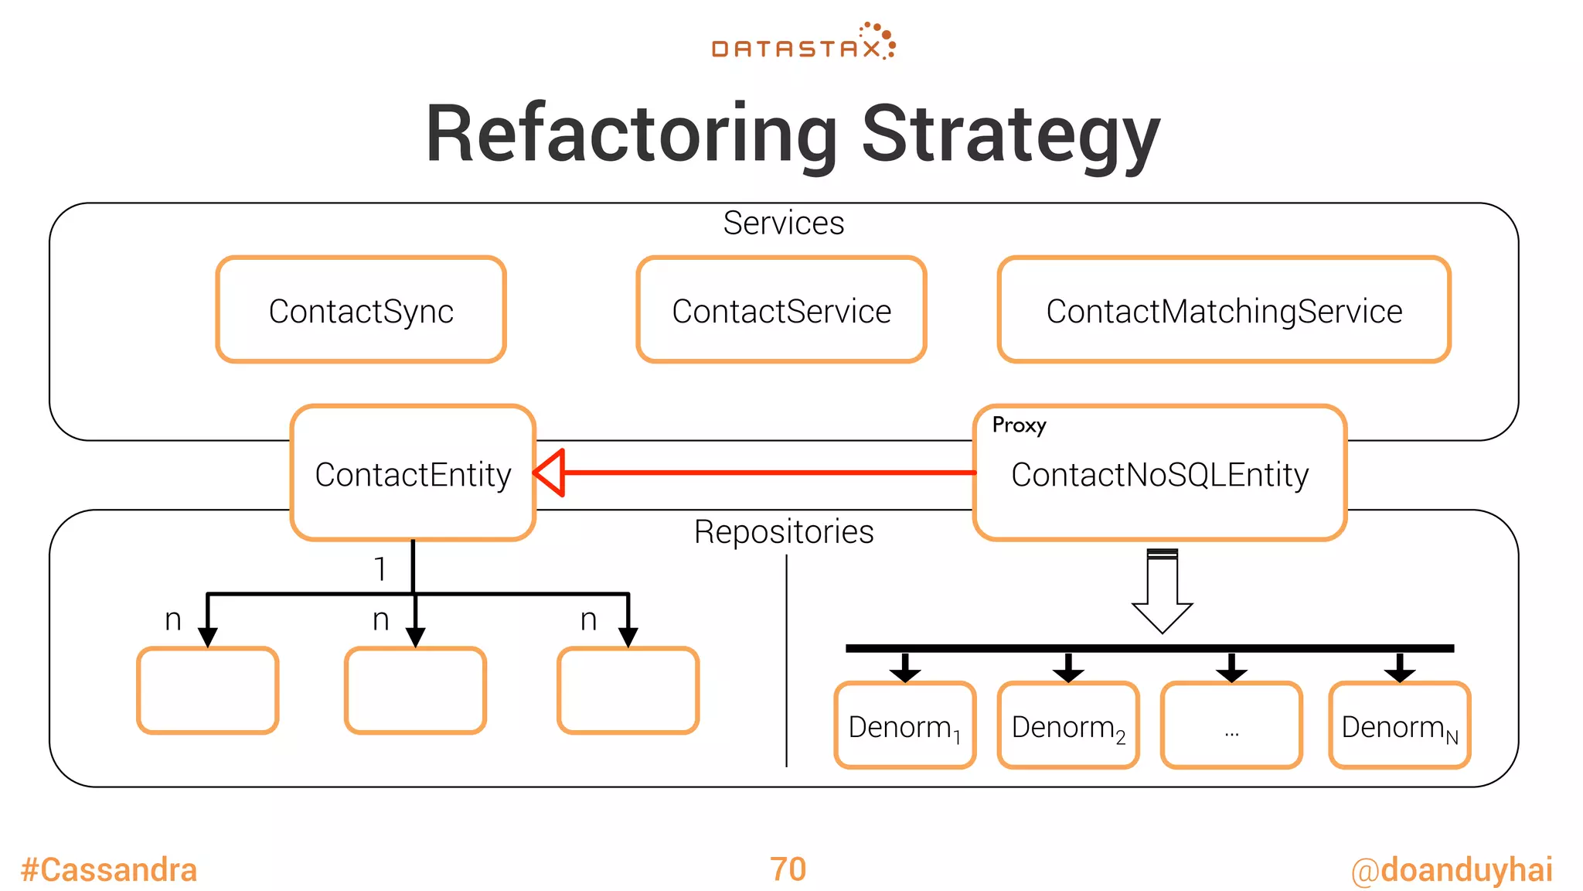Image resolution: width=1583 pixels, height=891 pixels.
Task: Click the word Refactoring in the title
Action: (x=631, y=135)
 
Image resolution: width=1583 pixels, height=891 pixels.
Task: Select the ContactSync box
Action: (x=361, y=310)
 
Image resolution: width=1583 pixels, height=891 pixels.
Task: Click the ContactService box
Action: (x=781, y=310)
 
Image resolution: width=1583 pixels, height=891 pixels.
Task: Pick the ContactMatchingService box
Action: (x=1224, y=310)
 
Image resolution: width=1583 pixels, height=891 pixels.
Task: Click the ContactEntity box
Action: (x=413, y=473)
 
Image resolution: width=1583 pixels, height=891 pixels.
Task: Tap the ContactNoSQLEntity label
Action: (x=1159, y=474)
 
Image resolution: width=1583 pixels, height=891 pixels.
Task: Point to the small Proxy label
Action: (x=1019, y=425)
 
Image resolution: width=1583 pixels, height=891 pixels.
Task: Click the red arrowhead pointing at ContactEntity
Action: (x=550, y=473)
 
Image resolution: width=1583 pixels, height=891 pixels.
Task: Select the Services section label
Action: (x=783, y=223)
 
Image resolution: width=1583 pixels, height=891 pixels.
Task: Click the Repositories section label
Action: (x=783, y=532)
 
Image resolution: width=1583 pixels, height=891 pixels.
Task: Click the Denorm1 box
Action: (x=904, y=726)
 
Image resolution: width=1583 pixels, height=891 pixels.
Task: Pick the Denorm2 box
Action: (x=1067, y=726)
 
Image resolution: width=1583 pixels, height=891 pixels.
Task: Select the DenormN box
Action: (x=1399, y=726)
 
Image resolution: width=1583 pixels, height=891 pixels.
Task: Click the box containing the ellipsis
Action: (x=1231, y=726)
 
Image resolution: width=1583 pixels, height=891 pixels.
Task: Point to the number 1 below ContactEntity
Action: (x=380, y=568)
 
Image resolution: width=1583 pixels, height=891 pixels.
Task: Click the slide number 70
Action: (x=788, y=869)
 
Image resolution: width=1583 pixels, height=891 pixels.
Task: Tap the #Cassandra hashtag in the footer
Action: (x=109, y=869)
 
